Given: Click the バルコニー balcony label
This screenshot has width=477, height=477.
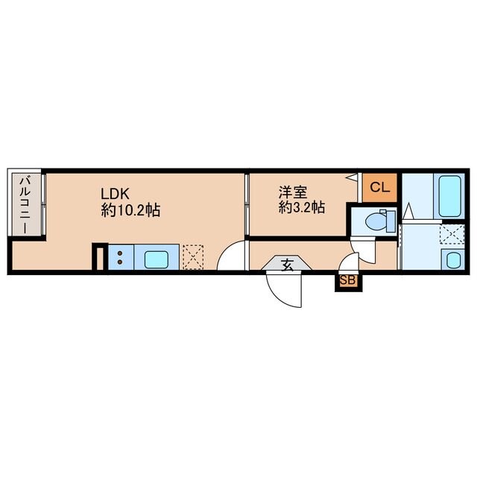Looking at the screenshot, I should [x=25, y=204].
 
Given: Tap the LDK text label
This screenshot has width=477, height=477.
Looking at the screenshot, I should [x=117, y=192].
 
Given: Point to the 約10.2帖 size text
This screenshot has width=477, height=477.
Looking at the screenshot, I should [x=130, y=210].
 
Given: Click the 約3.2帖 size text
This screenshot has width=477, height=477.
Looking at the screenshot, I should [x=301, y=208].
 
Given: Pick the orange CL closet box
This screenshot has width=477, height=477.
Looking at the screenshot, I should [x=379, y=187].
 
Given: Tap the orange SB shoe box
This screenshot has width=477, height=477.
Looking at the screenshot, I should [x=348, y=281].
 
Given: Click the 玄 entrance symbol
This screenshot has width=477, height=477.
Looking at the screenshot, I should [x=288, y=263].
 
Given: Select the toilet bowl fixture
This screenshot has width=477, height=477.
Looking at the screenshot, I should [x=379, y=221].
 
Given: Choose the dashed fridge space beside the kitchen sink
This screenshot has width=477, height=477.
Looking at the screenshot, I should [x=193, y=257].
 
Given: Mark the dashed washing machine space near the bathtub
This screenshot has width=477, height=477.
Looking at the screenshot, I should [x=451, y=235].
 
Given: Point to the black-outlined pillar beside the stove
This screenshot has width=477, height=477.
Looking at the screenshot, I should [x=98, y=258].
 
